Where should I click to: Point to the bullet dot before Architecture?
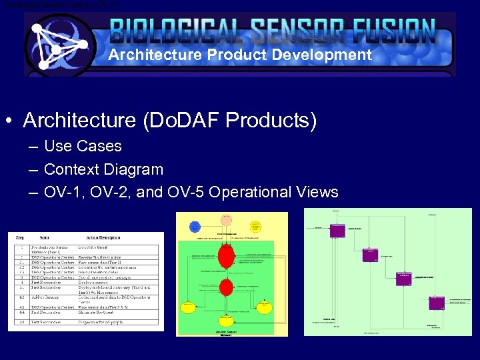(x=9, y=121)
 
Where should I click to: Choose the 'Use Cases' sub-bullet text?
(x=83, y=146)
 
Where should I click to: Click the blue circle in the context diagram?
(x=195, y=227)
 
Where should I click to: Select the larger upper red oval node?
(x=227, y=254)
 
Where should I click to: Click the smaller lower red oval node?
(x=227, y=287)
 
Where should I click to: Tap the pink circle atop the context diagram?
(x=226, y=220)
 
